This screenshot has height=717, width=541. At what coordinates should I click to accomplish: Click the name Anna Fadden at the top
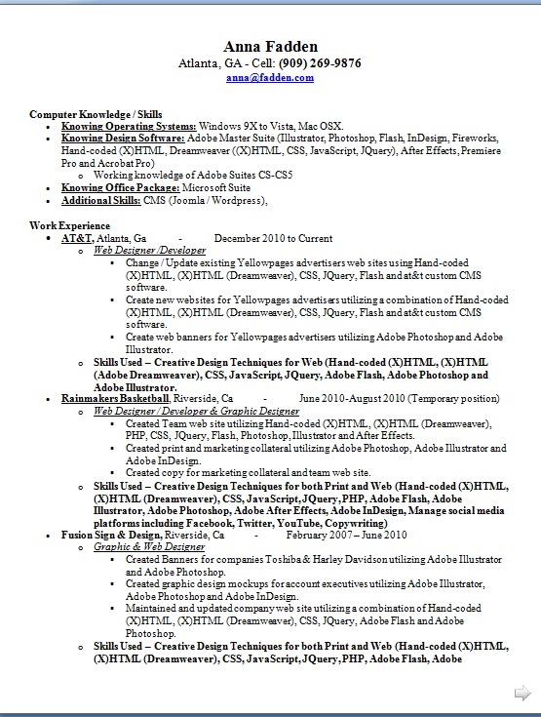[270, 47]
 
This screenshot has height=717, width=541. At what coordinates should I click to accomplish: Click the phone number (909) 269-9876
[320, 62]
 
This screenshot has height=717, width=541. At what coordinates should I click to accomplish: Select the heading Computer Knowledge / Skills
[96, 114]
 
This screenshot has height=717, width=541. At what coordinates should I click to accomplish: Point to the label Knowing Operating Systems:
[129, 127]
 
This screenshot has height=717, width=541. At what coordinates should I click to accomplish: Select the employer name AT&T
[77, 238]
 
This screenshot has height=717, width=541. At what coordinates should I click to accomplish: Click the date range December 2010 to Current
[273, 238]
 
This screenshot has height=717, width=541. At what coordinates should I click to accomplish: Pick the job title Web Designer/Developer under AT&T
[149, 251]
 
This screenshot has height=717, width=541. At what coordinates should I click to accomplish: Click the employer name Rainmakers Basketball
[115, 399]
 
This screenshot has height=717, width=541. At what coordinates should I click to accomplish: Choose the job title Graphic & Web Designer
[149, 547]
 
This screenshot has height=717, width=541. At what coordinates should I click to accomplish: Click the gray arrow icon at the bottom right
[522, 693]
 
